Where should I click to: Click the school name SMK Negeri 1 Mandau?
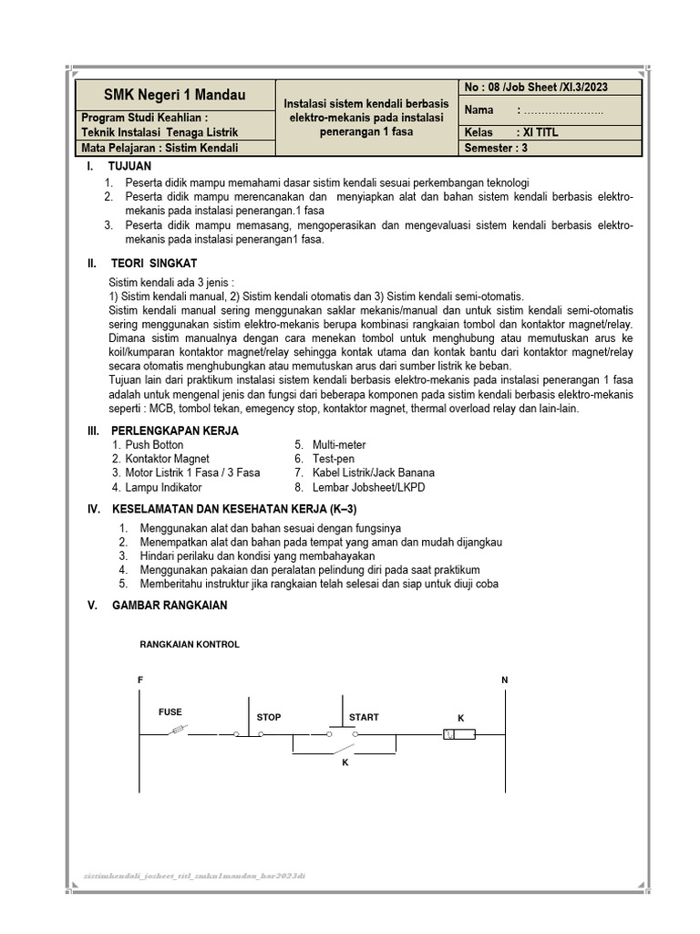click(x=174, y=95)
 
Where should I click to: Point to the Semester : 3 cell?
click(x=497, y=148)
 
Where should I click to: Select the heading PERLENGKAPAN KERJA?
click(x=175, y=431)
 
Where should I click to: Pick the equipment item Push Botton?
click(x=154, y=445)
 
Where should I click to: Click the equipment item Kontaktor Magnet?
click(x=167, y=459)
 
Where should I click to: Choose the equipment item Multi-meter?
click(x=339, y=445)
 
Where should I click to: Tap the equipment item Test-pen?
click(x=333, y=459)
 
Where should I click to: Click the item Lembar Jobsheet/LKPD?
click(x=368, y=487)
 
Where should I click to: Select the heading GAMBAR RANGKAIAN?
click(x=169, y=606)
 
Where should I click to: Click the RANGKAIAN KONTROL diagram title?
click(x=190, y=644)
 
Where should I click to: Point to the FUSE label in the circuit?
click(x=170, y=711)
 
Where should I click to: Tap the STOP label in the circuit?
click(x=269, y=718)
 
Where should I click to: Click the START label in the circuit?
click(x=364, y=718)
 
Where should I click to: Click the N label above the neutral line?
click(x=505, y=680)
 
